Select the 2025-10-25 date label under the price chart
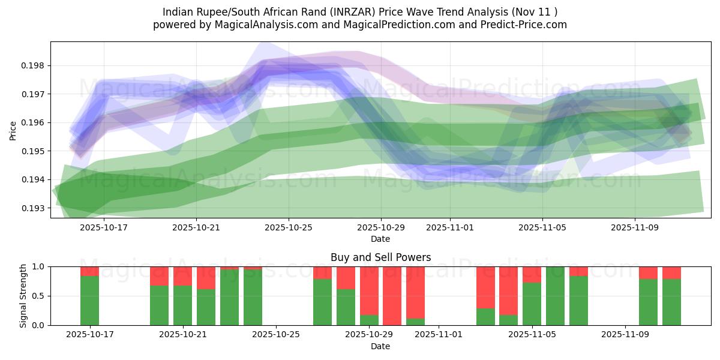[289, 228]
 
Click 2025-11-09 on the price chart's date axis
[635, 228]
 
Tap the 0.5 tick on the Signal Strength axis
[38, 296]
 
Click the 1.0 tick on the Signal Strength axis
[38, 266]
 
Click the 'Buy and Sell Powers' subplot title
[380, 257]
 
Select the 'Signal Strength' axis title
[23, 296]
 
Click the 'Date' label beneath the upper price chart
[380, 239]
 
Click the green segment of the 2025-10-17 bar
[89, 300]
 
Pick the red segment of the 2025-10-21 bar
[182, 276]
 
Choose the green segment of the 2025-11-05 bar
[532, 304]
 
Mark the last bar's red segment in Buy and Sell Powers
[671, 272]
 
